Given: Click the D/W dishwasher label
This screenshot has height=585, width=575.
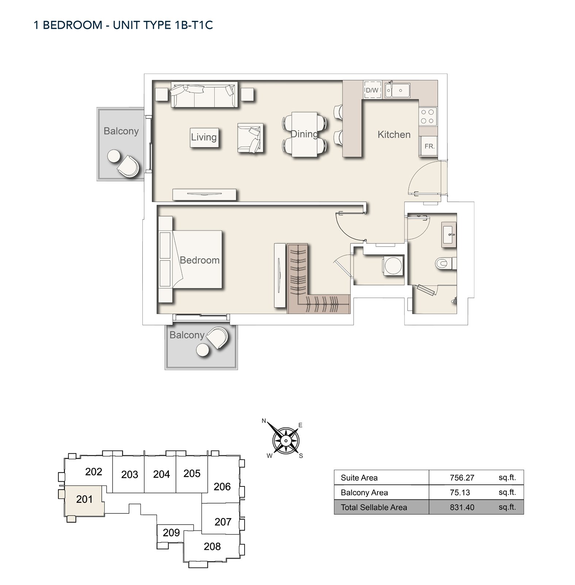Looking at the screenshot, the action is [372, 90].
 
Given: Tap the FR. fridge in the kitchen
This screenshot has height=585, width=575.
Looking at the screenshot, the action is [429, 146].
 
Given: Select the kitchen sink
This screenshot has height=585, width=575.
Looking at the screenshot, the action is [397, 90].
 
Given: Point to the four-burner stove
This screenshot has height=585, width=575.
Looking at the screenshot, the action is [428, 116].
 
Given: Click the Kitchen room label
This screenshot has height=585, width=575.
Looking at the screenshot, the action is [394, 134].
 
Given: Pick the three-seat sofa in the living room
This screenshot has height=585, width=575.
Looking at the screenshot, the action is [204, 95].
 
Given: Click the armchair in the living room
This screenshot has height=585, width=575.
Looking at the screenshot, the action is [250, 138].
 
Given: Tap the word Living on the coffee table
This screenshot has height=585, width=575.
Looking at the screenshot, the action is [204, 137].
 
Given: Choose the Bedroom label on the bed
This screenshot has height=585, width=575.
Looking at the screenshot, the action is [200, 260].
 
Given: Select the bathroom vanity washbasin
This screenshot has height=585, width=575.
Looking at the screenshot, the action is [449, 234].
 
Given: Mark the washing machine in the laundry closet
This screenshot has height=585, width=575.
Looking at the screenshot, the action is [393, 265].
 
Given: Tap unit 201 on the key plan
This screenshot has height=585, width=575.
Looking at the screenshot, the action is [84, 499].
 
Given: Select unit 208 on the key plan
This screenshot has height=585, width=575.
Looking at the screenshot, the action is [212, 546].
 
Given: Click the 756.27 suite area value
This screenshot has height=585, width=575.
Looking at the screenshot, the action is [462, 478].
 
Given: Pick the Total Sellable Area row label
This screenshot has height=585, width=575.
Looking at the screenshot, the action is [374, 507].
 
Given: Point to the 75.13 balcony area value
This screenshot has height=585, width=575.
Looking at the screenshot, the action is [460, 492].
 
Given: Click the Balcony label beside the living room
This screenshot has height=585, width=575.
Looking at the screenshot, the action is [121, 131].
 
